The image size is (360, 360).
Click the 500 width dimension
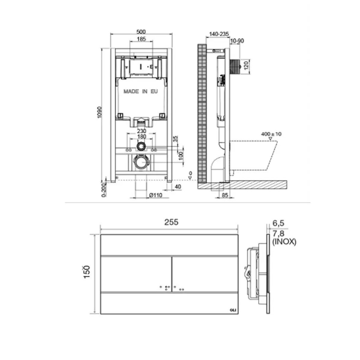141,31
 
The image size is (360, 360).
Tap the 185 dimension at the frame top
141,39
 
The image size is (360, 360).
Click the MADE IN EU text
141,91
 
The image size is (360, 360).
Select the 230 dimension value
142,131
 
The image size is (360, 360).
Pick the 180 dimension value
142,137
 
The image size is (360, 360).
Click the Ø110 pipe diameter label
156,195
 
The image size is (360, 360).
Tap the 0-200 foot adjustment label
103,190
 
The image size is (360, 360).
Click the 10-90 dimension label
238,41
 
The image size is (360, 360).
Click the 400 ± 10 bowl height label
271,134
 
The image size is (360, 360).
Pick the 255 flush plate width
171,222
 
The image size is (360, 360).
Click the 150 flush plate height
87,271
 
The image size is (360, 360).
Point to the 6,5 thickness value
278,223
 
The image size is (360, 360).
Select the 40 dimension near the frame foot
178,187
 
